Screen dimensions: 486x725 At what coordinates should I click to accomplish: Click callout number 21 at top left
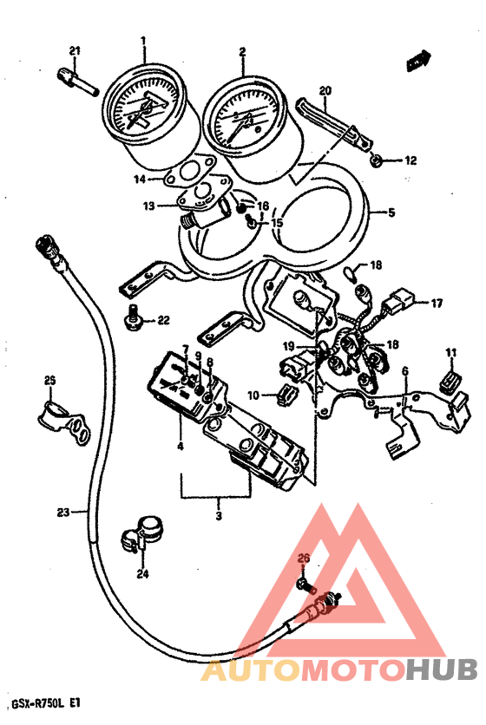(x=75, y=51)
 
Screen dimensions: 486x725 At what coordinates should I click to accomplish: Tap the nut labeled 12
(x=376, y=160)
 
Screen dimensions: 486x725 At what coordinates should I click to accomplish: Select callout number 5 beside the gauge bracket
(x=391, y=213)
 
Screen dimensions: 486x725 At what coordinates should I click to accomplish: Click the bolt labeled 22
(x=134, y=319)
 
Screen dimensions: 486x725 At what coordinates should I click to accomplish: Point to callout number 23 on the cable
(x=63, y=512)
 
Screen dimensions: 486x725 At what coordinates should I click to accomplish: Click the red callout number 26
(x=303, y=559)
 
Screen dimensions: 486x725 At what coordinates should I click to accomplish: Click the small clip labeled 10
(x=286, y=395)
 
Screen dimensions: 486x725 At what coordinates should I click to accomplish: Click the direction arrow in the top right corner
(x=419, y=61)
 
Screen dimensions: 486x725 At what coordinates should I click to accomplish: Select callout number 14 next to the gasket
(x=140, y=179)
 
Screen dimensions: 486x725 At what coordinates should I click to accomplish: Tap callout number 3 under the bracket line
(x=219, y=515)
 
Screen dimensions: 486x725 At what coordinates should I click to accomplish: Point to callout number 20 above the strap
(x=325, y=90)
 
